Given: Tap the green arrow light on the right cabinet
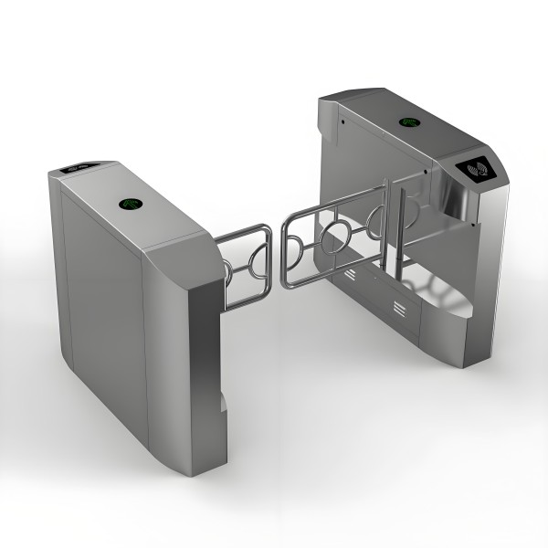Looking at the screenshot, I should coord(408,121).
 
